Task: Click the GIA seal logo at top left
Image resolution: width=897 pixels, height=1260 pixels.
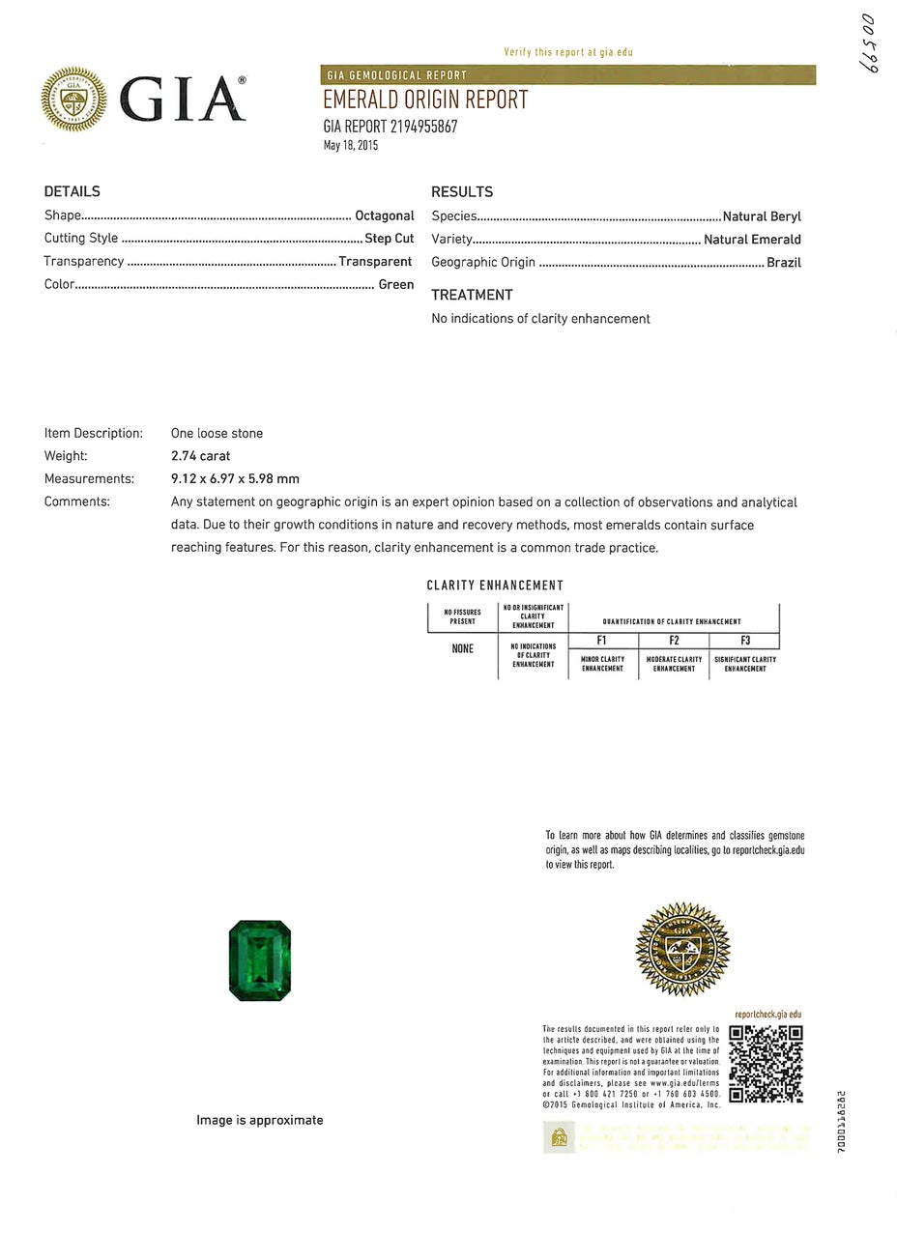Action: coord(73,100)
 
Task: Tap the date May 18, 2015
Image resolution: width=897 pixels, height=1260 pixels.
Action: coord(351,146)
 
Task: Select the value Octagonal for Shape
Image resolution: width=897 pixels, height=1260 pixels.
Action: coord(384,215)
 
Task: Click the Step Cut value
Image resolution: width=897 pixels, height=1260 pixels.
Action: coord(389,239)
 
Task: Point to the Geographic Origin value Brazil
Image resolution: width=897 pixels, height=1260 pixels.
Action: coord(783,263)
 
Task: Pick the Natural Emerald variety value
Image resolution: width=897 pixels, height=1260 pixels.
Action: coord(752,240)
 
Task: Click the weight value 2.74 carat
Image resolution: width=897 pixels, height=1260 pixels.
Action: coord(200,456)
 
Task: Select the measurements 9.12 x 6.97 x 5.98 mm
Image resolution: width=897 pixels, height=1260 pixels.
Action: coord(235,478)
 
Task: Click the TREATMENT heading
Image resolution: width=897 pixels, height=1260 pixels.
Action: coord(472,295)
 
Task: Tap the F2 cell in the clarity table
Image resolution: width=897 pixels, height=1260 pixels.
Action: coord(674,641)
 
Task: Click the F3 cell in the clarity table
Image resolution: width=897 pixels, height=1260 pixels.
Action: coord(744,641)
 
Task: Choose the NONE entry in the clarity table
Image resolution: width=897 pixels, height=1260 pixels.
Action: coord(462,648)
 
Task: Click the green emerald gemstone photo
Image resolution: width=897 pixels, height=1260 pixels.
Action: coord(260,960)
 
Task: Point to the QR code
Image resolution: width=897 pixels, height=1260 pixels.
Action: coord(766,1064)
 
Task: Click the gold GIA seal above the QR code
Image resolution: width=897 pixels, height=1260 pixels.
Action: coord(682,950)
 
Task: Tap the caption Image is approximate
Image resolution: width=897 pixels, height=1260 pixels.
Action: coord(259,1120)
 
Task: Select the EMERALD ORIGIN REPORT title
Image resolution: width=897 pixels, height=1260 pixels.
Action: coord(425,100)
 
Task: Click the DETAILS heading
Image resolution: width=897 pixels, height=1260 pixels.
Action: coord(72,191)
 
